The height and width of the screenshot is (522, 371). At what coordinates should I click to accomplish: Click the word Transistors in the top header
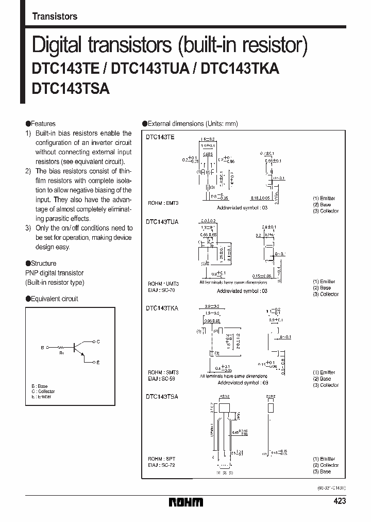55,17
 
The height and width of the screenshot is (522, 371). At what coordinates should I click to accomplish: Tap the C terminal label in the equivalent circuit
98,341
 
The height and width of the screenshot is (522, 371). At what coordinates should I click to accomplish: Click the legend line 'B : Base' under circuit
39,386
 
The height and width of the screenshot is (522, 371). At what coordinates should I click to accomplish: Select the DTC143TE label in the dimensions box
160,137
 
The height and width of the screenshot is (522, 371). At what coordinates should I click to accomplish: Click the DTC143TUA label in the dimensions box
162,222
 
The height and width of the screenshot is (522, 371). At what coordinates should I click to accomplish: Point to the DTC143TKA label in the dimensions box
162,308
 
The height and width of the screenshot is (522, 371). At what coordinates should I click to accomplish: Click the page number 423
340,501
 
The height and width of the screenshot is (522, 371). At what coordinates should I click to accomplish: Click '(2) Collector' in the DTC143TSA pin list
326,465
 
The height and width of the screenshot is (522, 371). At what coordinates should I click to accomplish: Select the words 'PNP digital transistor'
54,273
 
